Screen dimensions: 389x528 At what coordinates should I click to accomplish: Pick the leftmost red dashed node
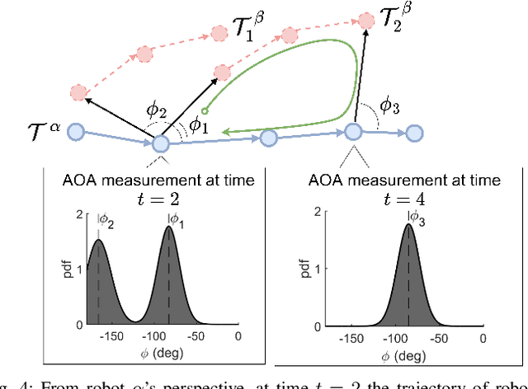78,92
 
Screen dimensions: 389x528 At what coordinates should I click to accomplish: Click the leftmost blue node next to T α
76,131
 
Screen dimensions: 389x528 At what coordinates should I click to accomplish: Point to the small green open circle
205,110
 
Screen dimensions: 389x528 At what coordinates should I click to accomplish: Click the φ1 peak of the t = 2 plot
169,228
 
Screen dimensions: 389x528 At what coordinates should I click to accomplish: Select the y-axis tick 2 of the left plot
79,214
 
